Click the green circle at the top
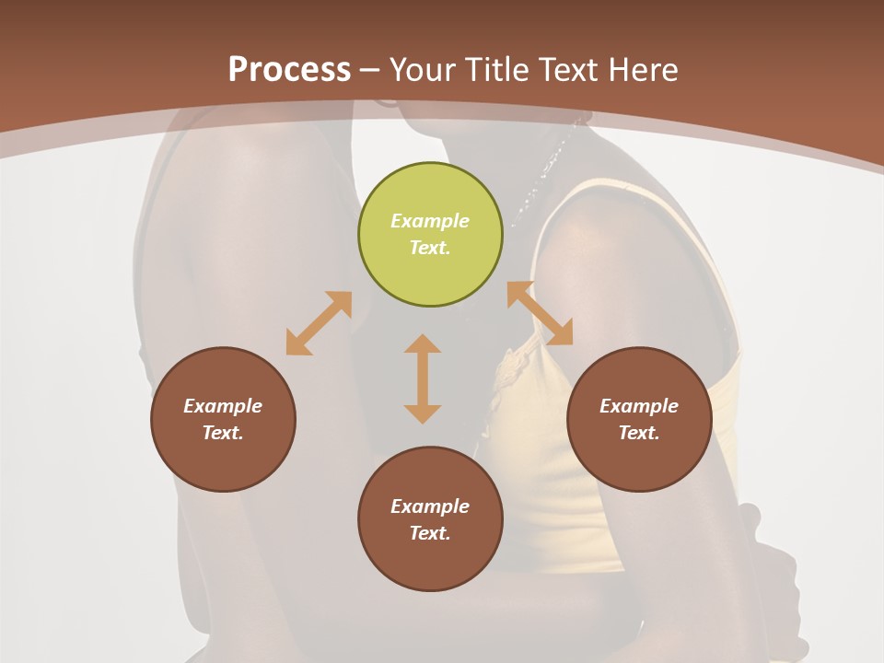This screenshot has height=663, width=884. (x=430, y=234)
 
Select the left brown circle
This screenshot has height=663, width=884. (x=223, y=419)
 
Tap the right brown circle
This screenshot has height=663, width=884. (x=639, y=419)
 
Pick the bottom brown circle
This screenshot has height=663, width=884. (x=430, y=519)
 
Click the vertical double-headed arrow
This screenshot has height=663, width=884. (x=423, y=379)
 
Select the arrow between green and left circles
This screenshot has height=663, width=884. (x=319, y=323)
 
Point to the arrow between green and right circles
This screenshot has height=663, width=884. (x=540, y=313)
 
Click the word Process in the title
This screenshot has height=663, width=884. (x=289, y=69)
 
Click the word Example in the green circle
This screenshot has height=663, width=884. (x=430, y=221)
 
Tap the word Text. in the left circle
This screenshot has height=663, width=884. (x=223, y=433)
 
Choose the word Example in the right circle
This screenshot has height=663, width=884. (x=639, y=406)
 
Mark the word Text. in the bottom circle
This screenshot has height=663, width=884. (x=430, y=533)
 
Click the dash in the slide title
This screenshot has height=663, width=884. (x=370, y=70)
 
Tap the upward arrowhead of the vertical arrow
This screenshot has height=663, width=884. (x=423, y=343)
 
